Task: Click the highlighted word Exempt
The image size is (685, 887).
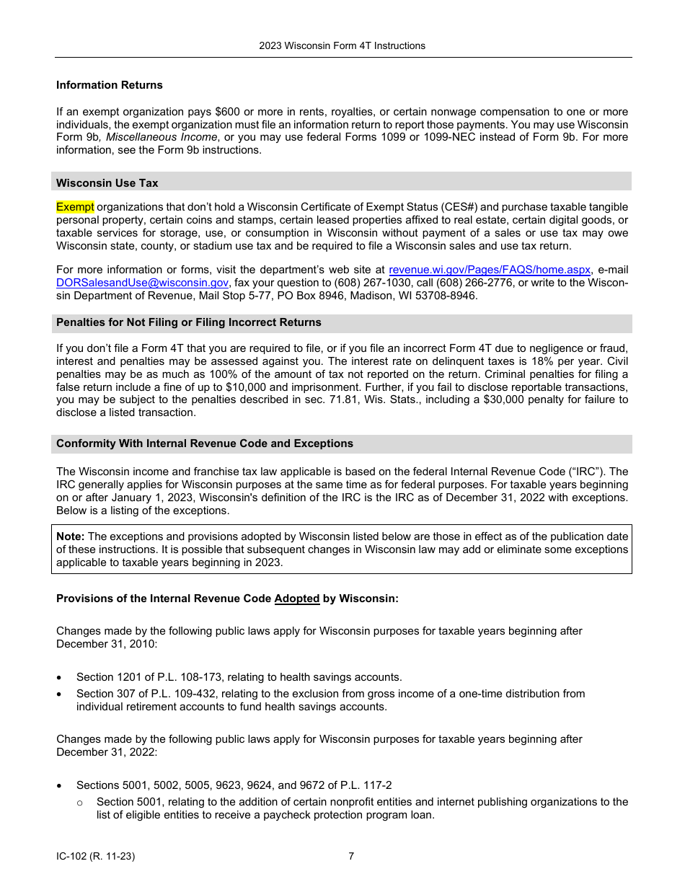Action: (x=75, y=207)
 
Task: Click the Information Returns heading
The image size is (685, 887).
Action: (x=110, y=85)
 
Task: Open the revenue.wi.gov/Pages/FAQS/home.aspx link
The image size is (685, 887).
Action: (x=490, y=270)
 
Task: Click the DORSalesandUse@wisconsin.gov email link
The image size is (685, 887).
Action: (x=142, y=283)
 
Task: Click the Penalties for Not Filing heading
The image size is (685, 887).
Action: (x=189, y=322)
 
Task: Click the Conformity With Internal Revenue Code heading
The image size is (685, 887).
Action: (x=205, y=444)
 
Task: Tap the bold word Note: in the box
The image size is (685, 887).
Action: (x=71, y=537)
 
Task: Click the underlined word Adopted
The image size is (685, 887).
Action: (x=296, y=599)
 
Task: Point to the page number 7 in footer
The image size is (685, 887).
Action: (x=351, y=857)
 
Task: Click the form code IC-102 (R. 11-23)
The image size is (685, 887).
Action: (x=95, y=857)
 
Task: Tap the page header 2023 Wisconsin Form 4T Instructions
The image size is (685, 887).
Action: (x=342, y=45)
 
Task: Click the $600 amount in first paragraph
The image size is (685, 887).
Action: (x=229, y=112)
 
